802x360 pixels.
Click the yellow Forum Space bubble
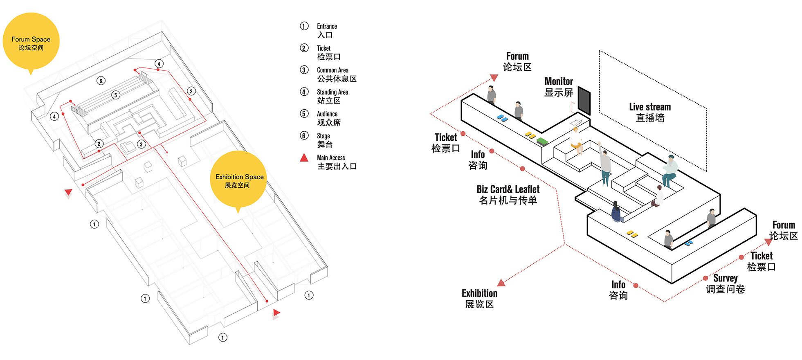pos(31,42)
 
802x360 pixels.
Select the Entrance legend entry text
pos(327,31)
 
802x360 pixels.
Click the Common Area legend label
pos(337,74)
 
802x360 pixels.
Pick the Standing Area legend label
pos(332,97)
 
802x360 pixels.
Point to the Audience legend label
pos(328,118)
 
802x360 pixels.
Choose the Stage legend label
pos(325,140)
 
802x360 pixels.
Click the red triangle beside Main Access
pos(304,157)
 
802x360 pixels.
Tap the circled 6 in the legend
pos(304,135)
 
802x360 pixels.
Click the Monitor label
pos(559,87)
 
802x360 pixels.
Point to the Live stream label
pos(650,112)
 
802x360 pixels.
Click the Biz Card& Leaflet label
pos(508,195)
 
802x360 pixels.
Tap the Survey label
pos(726,283)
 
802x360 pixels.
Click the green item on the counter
pos(542,142)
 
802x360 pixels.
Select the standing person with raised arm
pos(604,164)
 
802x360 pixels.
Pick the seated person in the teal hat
pos(669,171)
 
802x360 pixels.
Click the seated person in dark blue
pos(616,212)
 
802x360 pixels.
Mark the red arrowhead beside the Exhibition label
pos(501,283)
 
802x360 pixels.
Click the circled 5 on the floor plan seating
pos(116,95)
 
